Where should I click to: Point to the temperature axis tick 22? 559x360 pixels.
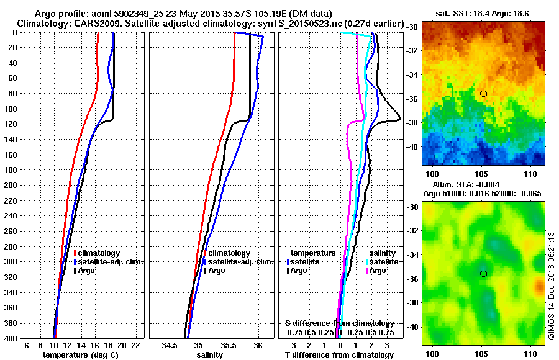136,345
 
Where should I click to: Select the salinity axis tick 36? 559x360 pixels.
258,345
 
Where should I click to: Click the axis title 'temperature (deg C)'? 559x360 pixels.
80,354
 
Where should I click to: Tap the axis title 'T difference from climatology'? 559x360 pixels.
339,354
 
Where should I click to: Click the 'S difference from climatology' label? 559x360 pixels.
339,323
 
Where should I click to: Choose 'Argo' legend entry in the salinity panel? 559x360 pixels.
217,271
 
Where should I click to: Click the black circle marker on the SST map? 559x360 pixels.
483,93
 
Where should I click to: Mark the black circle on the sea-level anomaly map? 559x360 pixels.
483,273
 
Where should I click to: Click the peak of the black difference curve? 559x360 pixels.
401,119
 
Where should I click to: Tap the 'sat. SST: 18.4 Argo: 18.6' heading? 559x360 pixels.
482,13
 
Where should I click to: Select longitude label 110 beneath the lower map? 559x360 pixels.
530,352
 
